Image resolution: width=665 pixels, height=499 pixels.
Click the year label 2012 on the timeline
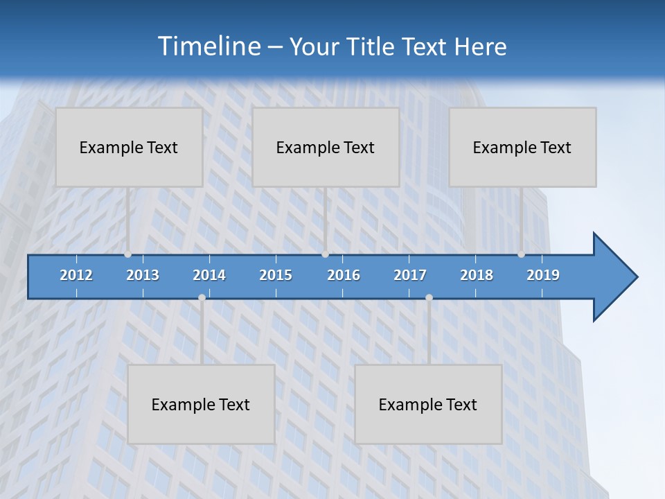pyautogui.click(x=76, y=275)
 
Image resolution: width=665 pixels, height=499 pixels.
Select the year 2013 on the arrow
pyautogui.click(x=143, y=275)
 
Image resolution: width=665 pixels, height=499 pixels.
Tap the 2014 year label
pyautogui.click(x=209, y=275)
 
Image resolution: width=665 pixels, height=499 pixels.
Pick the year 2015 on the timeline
pyautogui.click(x=276, y=275)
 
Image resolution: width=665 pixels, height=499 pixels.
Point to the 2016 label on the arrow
pyautogui.click(x=344, y=275)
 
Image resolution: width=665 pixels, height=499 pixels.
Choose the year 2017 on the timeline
pyautogui.click(x=410, y=275)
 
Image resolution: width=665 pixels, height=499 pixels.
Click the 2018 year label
pyautogui.click(x=477, y=275)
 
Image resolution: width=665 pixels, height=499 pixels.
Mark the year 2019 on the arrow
pyautogui.click(x=543, y=275)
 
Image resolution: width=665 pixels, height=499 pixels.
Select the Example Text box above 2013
pyautogui.click(x=129, y=147)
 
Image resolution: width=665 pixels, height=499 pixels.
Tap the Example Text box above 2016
pyautogui.click(x=326, y=147)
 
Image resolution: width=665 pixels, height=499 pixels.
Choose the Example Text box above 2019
pyautogui.click(x=522, y=147)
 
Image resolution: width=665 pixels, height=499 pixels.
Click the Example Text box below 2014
pyautogui.click(x=201, y=404)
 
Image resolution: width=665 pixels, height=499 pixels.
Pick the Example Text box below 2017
pyautogui.click(x=428, y=404)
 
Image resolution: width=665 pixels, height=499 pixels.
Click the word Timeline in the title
pyautogui.click(x=208, y=46)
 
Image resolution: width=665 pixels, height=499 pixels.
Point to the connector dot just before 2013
pyautogui.click(x=128, y=254)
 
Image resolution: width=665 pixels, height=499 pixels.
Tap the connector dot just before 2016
pyautogui.click(x=325, y=254)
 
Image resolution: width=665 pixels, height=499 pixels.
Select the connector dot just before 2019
pyautogui.click(x=522, y=254)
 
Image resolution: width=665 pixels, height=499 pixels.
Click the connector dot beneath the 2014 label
pyautogui.click(x=202, y=297)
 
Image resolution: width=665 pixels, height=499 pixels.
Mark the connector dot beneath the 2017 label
pyautogui.click(x=429, y=297)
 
